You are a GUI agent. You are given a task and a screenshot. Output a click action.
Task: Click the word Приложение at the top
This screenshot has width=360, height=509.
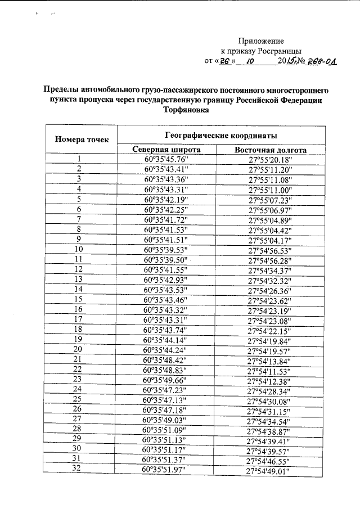[x=261, y=41]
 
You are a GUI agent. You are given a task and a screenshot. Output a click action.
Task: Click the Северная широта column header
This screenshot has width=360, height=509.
[x=166, y=150]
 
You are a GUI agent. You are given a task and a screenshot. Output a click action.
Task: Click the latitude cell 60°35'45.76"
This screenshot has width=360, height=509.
[x=166, y=159]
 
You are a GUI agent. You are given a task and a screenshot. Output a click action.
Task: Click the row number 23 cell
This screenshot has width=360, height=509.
[x=79, y=379]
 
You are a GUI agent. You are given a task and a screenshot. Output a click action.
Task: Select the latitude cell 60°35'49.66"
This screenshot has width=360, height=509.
[x=166, y=379]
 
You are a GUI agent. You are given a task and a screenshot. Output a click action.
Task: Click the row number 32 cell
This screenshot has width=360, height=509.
[x=79, y=468]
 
